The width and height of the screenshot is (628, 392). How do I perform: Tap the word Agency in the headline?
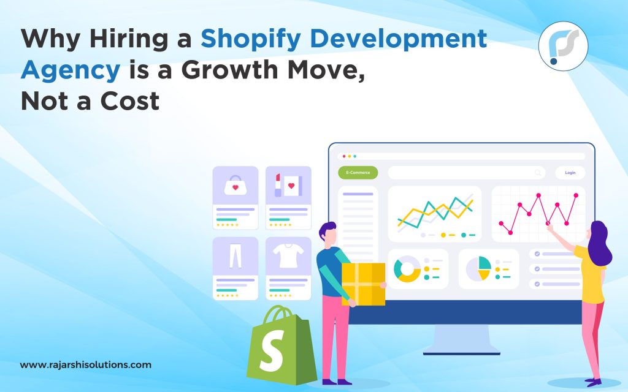(x=70, y=70)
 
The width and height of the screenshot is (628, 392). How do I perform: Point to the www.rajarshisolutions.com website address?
(x=85, y=365)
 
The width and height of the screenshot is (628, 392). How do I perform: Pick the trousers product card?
(x=235, y=268)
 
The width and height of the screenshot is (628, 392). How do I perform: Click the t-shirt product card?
(x=288, y=268)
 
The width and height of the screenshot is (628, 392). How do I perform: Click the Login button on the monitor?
(x=570, y=173)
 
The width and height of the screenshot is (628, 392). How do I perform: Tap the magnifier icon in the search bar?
(x=538, y=173)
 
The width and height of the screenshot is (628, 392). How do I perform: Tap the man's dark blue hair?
(x=328, y=230)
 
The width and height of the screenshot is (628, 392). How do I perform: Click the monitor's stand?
(x=461, y=338)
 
